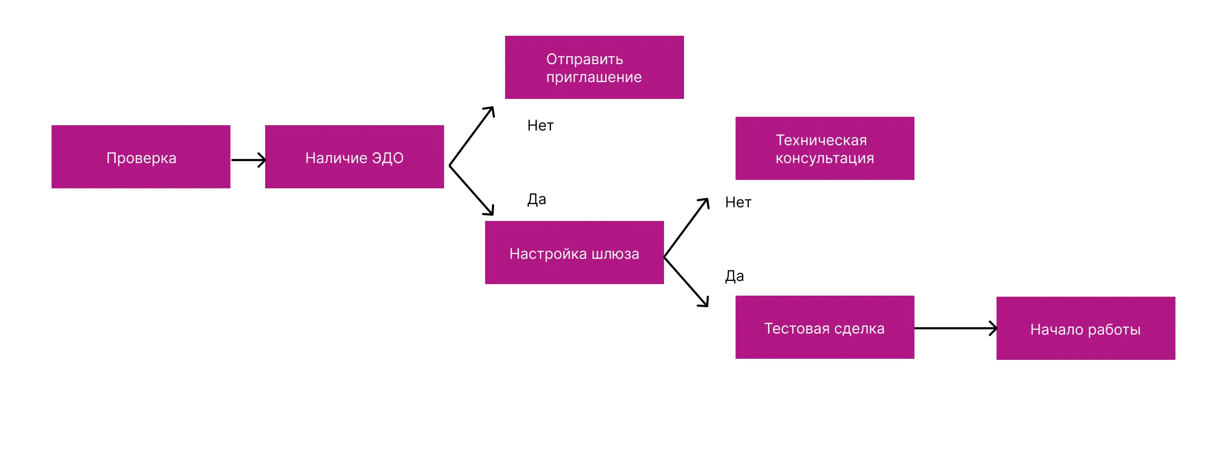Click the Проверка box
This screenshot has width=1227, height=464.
(x=141, y=157)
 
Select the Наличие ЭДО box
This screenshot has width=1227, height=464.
(x=354, y=157)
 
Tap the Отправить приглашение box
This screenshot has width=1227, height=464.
(x=594, y=67)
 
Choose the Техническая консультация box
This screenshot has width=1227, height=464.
(x=824, y=148)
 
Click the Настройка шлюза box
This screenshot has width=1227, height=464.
(x=574, y=253)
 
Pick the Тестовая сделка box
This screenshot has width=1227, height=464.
(x=824, y=327)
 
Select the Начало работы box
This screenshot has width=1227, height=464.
(x=1085, y=328)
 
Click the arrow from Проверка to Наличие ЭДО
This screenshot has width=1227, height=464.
(x=248, y=160)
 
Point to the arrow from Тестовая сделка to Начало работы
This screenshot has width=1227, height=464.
(x=955, y=328)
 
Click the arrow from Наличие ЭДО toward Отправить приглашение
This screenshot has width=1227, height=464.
(x=471, y=136)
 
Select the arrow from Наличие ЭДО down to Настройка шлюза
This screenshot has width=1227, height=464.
(x=471, y=190)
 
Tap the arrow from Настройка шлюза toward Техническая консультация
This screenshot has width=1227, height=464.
(x=687, y=228)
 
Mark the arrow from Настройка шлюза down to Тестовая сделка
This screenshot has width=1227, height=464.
(x=687, y=282)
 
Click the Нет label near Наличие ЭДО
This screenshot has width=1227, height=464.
(x=540, y=126)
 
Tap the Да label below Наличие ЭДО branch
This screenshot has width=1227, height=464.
(x=537, y=199)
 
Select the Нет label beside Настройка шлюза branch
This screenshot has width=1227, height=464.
(x=738, y=203)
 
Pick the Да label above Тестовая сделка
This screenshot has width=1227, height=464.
(x=735, y=276)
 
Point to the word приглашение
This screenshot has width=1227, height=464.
(x=594, y=77)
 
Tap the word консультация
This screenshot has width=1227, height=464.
(x=824, y=158)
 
